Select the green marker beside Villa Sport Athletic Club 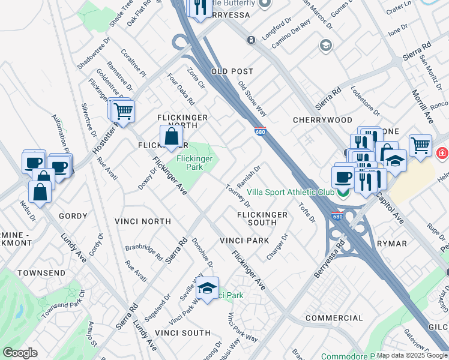(343, 193)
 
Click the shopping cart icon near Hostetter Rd (123, 111)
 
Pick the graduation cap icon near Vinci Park (207, 287)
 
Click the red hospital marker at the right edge (442, 153)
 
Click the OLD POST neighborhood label (228, 71)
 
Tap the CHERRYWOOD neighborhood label (322, 120)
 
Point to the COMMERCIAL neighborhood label (334, 317)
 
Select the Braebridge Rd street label (144, 251)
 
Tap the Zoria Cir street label (196, 79)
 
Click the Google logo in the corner (20, 353)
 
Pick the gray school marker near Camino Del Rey (325, 46)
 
